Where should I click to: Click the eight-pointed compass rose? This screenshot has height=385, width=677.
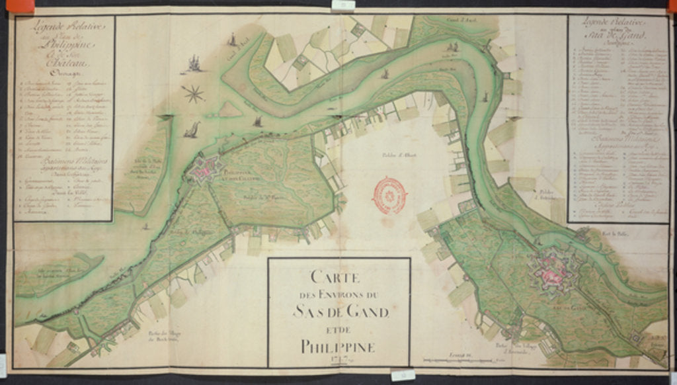(x=194, y=93)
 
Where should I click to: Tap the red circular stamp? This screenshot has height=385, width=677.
(x=391, y=193)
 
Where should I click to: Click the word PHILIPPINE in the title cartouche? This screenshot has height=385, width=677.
(x=338, y=346)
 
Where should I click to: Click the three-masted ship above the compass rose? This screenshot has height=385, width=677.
(x=193, y=64)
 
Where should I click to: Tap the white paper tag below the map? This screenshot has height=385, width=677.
(x=403, y=376)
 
